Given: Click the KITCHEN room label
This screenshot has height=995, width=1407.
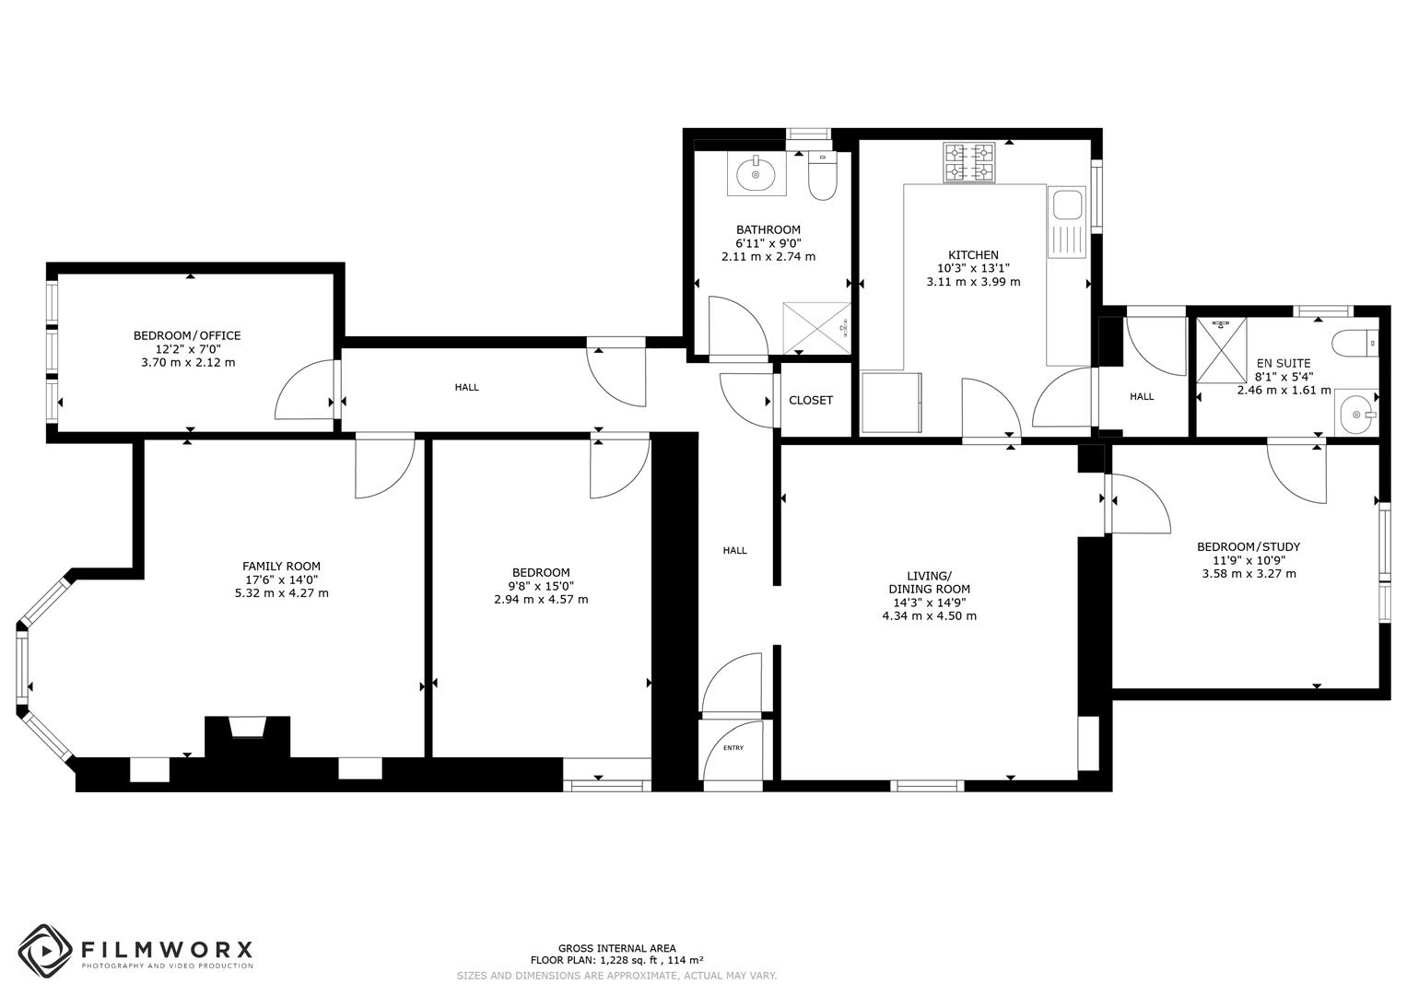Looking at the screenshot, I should [x=973, y=255].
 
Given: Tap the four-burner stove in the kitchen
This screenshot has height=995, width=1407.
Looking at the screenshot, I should [x=968, y=163].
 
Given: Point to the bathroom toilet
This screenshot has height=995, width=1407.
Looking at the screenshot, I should [x=821, y=176].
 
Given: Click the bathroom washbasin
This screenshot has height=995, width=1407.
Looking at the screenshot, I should [x=756, y=174].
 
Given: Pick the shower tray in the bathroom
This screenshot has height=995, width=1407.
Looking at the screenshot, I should [x=815, y=328].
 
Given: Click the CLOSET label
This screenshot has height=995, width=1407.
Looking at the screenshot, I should [x=811, y=401].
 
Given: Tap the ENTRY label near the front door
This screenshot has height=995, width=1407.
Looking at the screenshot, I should [x=733, y=748].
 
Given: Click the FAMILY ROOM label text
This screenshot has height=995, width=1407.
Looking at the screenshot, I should [x=281, y=567].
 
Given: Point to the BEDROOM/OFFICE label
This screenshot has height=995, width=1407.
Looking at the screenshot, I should [x=187, y=335].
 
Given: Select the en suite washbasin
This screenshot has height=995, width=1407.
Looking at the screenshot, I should [x=1356, y=414].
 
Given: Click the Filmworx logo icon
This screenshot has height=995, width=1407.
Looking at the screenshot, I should [x=45, y=951].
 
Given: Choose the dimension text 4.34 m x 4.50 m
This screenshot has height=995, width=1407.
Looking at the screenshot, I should [x=929, y=616].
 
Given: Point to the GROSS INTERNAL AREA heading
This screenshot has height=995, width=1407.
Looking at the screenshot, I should [x=616, y=948].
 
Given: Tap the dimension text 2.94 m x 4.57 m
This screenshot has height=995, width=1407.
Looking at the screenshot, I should [x=541, y=600].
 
